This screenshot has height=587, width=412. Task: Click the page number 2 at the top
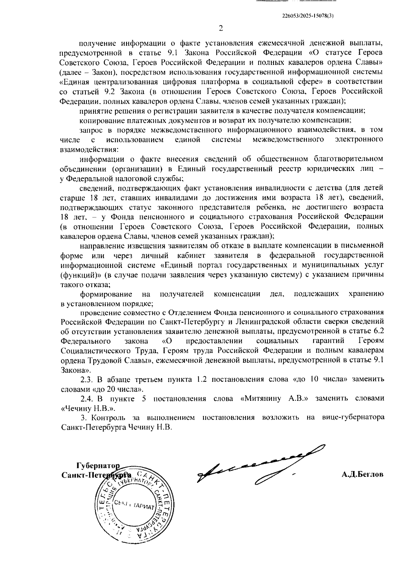click(x=221, y=28)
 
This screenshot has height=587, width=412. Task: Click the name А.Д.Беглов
click(x=363, y=475)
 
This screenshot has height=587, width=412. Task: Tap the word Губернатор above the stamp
click(x=98, y=466)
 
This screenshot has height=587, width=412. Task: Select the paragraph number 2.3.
click(x=87, y=380)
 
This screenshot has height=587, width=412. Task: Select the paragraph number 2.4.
click(x=87, y=398)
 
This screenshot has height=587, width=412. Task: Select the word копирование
click(x=99, y=120)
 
